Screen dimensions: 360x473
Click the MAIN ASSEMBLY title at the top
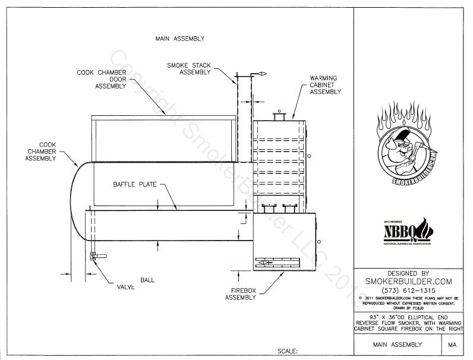[x=179, y=39]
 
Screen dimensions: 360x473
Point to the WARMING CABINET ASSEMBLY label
[x=324, y=85]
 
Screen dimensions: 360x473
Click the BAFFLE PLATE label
[x=135, y=184]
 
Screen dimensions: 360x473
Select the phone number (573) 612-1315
[x=407, y=290]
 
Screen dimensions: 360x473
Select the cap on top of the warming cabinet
[x=279, y=115]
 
